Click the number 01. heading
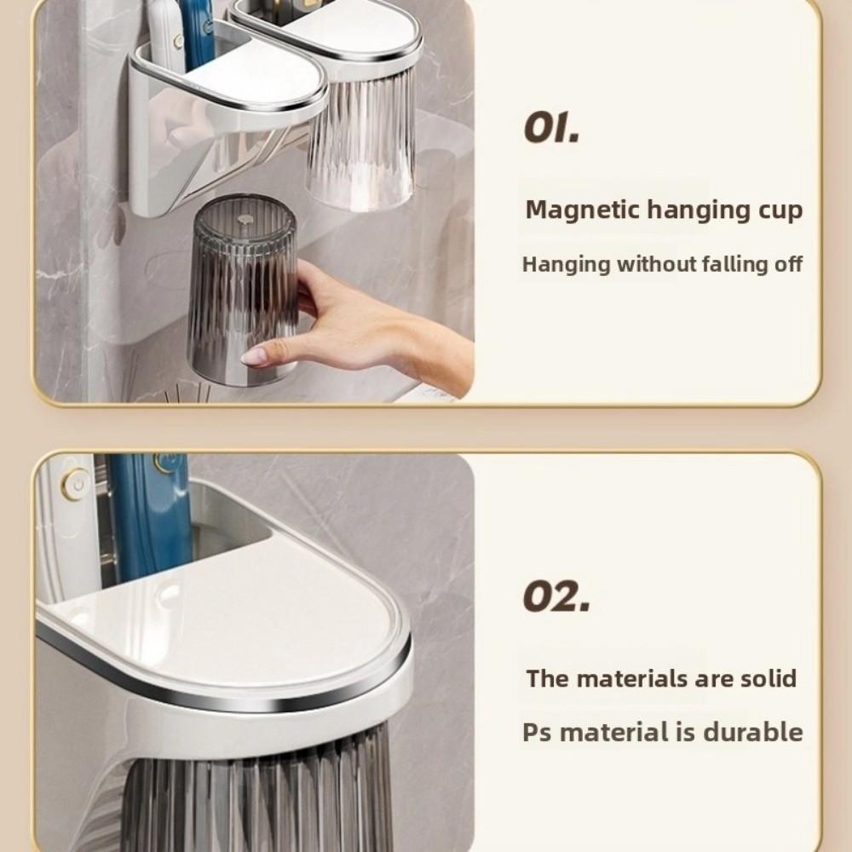(551, 130)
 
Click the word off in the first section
(788, 264)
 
